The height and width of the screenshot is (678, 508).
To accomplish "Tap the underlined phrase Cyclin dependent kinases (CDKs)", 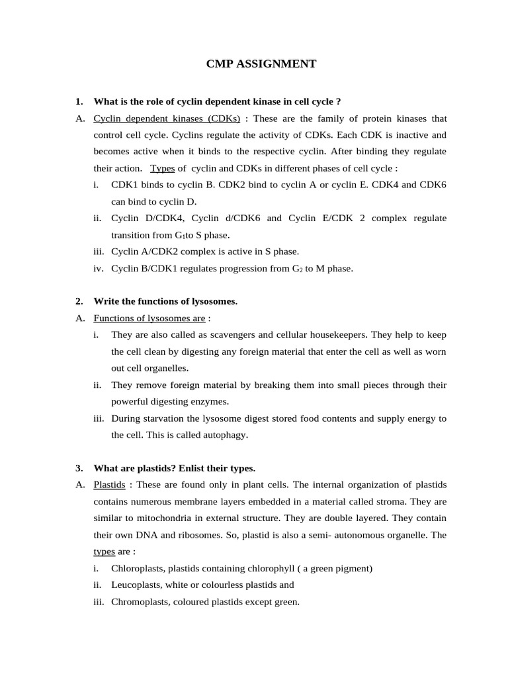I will click(x=167, y=119).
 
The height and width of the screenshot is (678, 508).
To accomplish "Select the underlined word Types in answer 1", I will click(x=163, y=169).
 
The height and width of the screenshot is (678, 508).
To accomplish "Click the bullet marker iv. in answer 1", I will click(x=99, y=268).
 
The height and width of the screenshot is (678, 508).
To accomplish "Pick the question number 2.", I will click(x=79, y=301).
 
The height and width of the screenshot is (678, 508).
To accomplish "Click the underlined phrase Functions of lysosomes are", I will click(x=149, y=318).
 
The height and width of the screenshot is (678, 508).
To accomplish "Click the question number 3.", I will click(x=79, y=468).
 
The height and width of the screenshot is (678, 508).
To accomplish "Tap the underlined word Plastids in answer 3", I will click(x=110, y=485).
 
